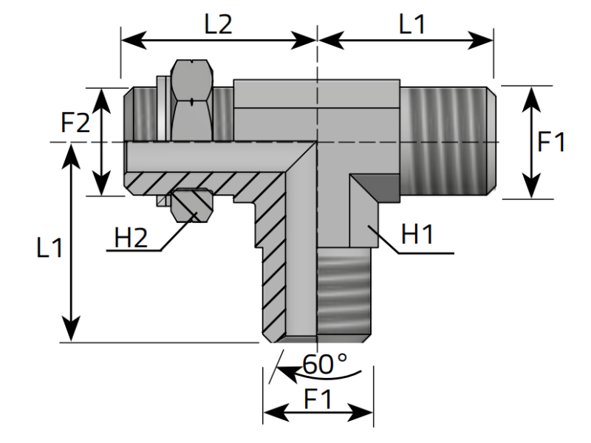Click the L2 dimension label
tap(218, 24)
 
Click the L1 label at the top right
tap(412, 24)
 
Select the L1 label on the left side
tap(49, 247)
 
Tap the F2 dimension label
tap(75, 122)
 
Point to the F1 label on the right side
tap(551, 142)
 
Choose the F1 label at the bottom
tap(318, 399)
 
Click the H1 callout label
tap(417, 233)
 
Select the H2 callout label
tap(131, 238)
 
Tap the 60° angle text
tap(325, 364)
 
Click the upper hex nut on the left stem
tap(192, 100)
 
